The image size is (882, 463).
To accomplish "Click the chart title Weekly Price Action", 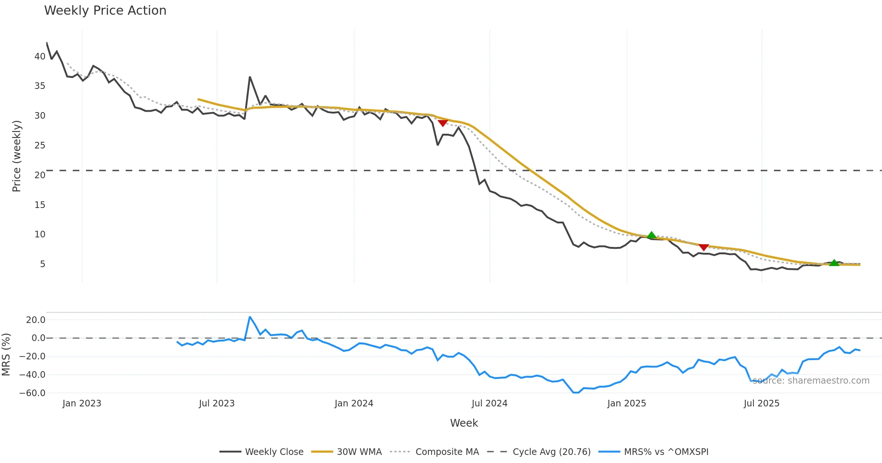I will click(105, 11).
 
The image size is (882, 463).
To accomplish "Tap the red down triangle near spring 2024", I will click(443, 123).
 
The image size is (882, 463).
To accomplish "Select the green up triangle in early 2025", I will click(652, 235).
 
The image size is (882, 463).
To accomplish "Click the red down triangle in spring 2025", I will click(703, 247).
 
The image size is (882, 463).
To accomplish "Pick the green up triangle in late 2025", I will click(834, 263).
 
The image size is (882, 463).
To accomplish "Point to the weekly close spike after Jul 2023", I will click(250, 77).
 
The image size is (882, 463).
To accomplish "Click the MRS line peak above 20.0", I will click(250, 317).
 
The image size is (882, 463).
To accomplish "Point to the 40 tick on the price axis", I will click(40, 57).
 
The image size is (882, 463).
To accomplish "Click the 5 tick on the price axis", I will click(43, 264).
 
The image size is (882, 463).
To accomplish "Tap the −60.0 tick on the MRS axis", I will click(32, 393).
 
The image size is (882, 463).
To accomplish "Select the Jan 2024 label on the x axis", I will click(354, 403).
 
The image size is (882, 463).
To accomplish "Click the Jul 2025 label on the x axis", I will click(761, 403).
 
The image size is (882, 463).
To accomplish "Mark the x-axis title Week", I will click(464, 423).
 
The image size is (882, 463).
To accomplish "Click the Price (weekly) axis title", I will click(17, 156).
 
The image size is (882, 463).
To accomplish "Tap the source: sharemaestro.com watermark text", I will click(811, 381).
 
